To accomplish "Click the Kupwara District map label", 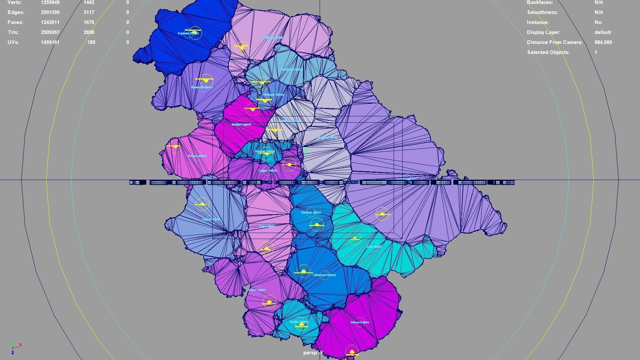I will (x=188, y=33).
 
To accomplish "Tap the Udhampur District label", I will (x=324, y=275).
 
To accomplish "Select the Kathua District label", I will (x=360, y=322).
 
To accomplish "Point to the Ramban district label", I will (x=311, y=212).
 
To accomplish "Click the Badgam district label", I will (x=241, y=124).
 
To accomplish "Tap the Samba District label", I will (x=299, y=322).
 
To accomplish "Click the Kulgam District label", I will (x=267, y=171).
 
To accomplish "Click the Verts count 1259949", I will (x=50, y=3).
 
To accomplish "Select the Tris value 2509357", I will (x=50, y=32).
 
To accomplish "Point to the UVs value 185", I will (x=91, y=42).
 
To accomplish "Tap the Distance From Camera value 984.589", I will (x=603, y=42).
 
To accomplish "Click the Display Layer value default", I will (x=603, y=32).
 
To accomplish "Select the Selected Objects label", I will (x=548, y=52).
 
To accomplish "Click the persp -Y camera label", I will (x=313, y=353).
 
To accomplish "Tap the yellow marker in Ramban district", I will (x=317, y=225).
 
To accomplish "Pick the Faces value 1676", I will (x=89, y=22).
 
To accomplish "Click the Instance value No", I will (x=598, y=22).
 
